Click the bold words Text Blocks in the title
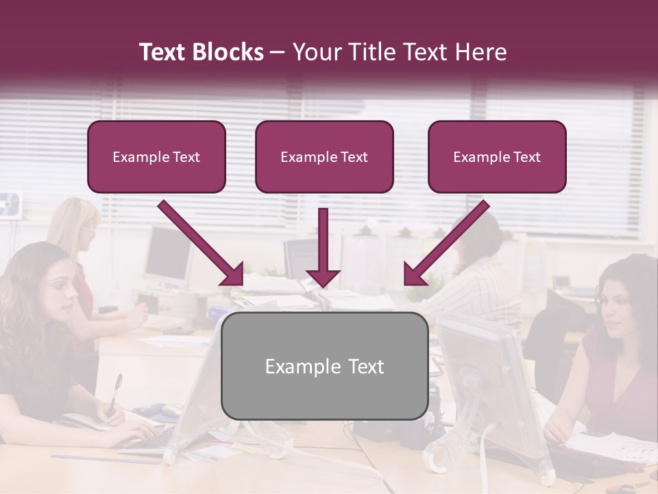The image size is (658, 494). pos(201,52)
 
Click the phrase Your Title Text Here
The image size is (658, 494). pos(399,52)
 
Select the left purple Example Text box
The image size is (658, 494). pos(156,157)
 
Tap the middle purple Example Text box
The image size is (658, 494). pos(324,157)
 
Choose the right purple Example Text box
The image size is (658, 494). pos(497,157)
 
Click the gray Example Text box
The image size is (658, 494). pos(324,366)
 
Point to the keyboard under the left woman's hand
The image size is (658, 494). pos(147,439)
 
